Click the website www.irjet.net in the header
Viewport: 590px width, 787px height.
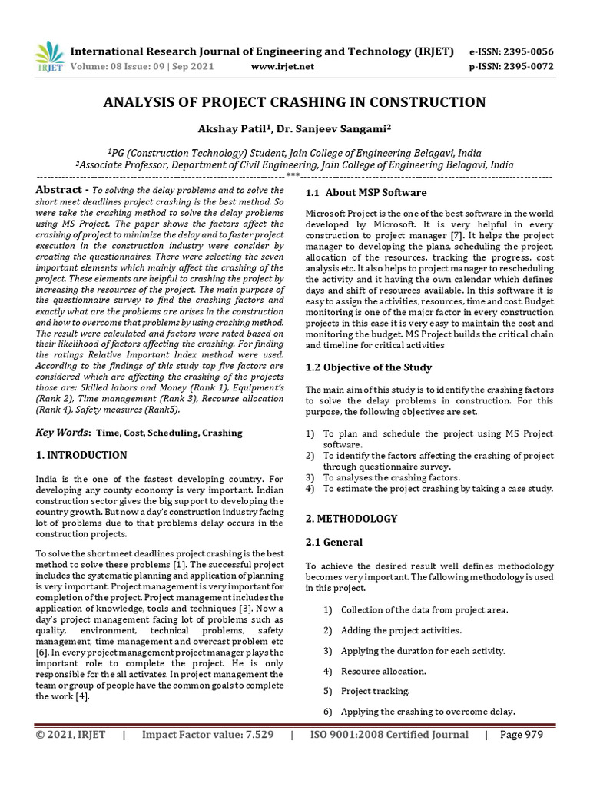283,67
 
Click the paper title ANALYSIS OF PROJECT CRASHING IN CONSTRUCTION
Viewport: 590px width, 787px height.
294,102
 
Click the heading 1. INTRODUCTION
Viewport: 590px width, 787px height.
81,455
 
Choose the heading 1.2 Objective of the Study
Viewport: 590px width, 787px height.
369,367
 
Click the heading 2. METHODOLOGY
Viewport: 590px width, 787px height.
351,519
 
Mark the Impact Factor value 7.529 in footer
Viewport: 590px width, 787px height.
207,735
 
